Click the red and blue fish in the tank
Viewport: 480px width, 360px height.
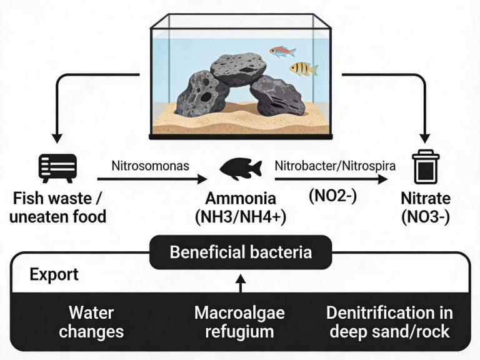point(282,51)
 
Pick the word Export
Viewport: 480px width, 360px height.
point(54,274)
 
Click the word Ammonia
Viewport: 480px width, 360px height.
point(241,199)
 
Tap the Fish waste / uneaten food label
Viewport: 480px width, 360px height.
point(57,208)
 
